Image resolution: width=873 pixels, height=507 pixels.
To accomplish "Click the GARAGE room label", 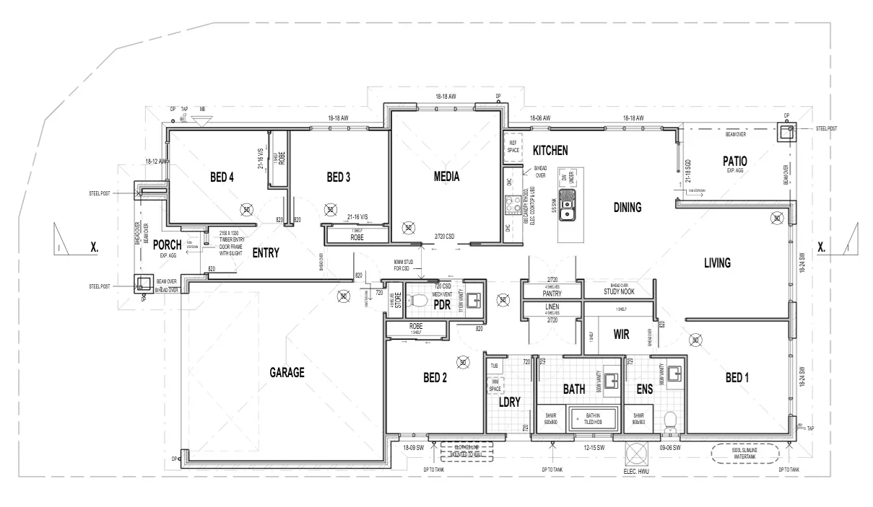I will click(x=287, y=373).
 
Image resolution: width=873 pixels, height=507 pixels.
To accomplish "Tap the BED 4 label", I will click(x=222, y=177).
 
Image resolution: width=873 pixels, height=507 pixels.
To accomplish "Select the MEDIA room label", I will click(x=447, y=177).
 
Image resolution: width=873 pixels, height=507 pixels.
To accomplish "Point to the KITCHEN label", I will click(x=550, y=151).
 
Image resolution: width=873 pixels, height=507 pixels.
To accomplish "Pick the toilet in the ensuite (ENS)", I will click(x=669, y=420).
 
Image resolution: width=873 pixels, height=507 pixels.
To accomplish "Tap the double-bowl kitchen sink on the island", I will click(x=569, y=210).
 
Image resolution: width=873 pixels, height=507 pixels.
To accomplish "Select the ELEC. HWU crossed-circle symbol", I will click(x=637, y=455).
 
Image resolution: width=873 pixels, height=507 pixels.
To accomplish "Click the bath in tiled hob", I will click(x=594, y=419).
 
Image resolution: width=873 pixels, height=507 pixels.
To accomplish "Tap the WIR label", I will click(x=623, y=335).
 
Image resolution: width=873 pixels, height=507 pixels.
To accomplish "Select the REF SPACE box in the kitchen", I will click(x=513, y=146).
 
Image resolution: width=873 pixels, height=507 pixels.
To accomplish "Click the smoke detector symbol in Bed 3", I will click(x=331, y=210).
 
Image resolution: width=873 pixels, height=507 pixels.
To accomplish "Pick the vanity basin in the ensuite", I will click(x=676, y=374).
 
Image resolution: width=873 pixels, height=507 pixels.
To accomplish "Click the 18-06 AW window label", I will click(x=540, y=118).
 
